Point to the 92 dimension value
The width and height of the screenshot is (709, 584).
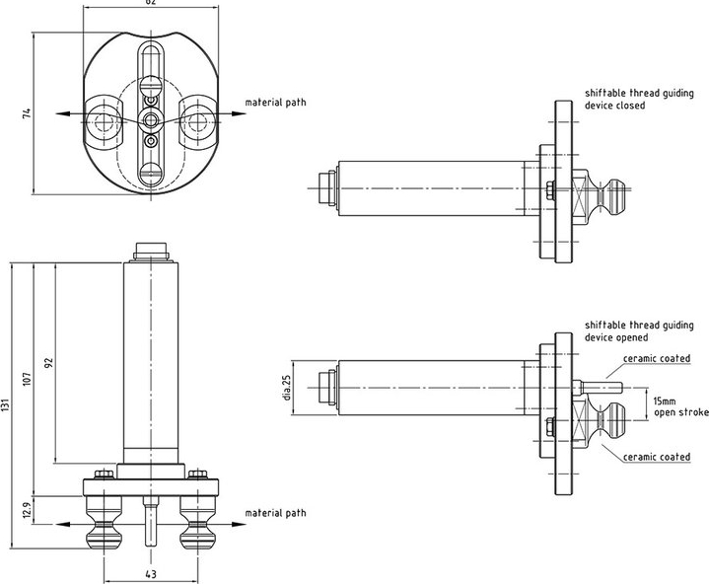pos(47,363)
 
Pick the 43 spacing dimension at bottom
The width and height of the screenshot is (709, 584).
pos(150,574)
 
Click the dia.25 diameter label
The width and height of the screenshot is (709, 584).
pos(287,388)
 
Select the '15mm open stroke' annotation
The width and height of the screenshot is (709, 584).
pos(679,406)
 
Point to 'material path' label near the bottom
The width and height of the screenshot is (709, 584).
pos(275,513)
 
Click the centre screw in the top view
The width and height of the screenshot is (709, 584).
pos(150,118)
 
